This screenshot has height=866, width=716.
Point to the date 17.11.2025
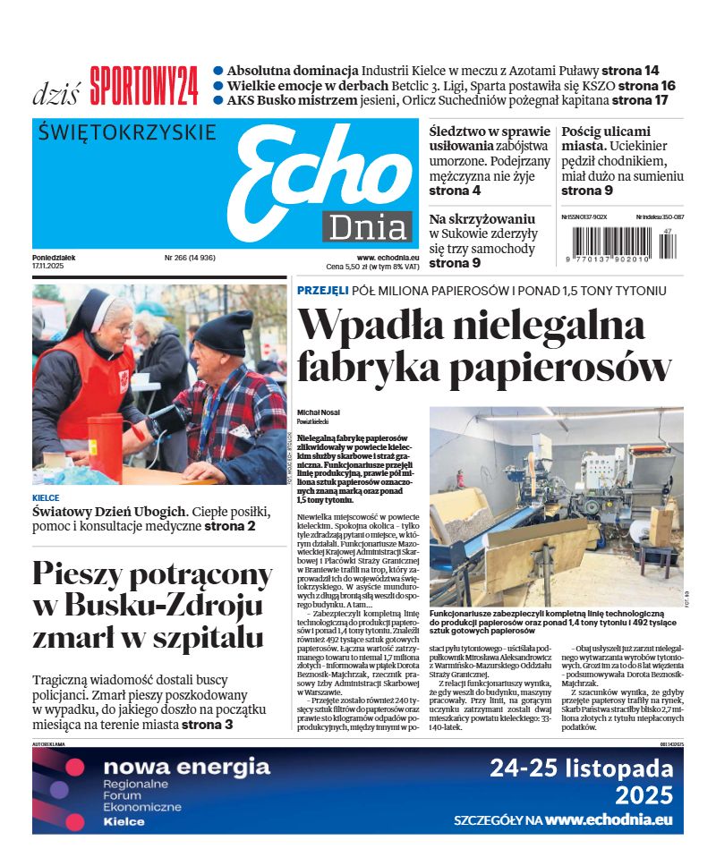point(50,267)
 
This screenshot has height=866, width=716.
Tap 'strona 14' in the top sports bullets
point(630,70)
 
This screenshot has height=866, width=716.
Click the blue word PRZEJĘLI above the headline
point(322,291)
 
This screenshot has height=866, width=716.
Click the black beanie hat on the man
point(223,333)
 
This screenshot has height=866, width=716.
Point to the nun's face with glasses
point(117,318)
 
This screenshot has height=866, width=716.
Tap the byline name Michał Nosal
point(318,412)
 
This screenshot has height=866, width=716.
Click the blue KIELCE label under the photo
point(46,497)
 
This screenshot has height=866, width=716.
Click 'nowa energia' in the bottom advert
point(186,767)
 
